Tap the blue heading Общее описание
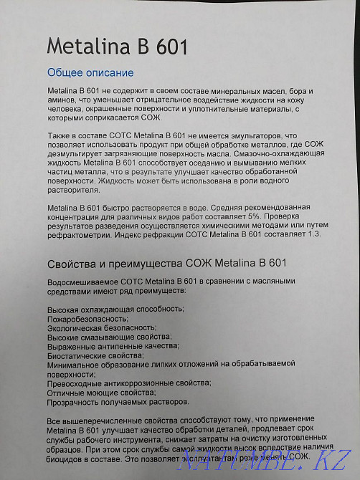[x=90, y=73]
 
